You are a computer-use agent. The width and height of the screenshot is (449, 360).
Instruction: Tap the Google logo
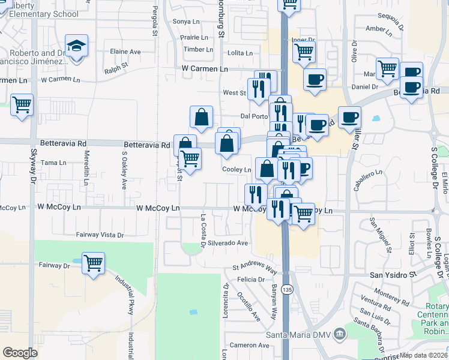coord(20,353)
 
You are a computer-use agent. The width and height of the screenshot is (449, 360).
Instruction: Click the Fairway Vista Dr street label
coord(100,235)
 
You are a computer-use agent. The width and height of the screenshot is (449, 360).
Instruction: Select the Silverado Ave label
coord(228,243)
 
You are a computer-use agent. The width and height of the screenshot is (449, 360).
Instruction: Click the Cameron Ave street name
coord(250,345)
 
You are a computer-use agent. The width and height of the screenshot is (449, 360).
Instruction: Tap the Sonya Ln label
coord(185,22)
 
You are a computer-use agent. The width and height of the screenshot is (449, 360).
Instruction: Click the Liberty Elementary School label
coord(40,10)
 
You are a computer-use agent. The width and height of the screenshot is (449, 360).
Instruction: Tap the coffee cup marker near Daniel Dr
coord(412,87)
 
